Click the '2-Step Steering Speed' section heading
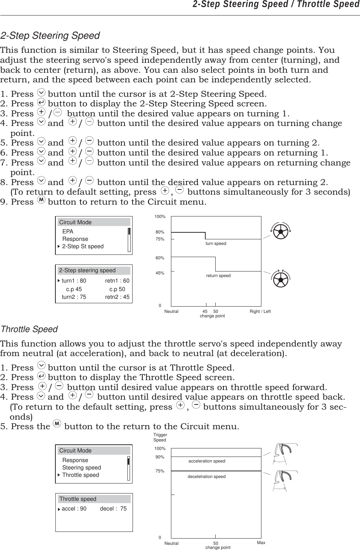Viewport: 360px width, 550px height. tap(50, 36)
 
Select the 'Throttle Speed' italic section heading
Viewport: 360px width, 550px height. tap(30, 329)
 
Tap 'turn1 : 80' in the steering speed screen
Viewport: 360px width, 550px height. tap(73, 281)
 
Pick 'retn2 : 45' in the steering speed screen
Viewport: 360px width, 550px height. tap(117, 297)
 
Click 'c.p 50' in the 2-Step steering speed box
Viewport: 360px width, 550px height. tap(117, 289)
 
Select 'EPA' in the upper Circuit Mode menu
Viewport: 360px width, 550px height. tap(68, 232)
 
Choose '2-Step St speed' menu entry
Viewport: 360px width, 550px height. tap(83, 246)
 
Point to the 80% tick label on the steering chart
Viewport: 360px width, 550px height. tap(160, 232)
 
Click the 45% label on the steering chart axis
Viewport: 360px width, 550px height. tap(160, 273)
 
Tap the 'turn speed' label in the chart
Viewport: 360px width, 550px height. tap(216, 243)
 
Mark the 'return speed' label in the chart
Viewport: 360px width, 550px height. tap(218, 276)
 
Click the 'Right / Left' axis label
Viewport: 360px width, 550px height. tap(260, 311)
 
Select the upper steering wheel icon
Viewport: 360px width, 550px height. tap(281, 232)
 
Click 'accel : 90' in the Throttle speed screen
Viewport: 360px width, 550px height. tap(74, 509)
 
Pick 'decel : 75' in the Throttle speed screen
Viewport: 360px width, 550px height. tap(113, 509)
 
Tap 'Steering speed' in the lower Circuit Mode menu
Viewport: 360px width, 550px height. tap(82, 468)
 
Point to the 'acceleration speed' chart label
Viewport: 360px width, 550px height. tap(207, 461)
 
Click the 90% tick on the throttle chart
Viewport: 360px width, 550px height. tap(160, 457)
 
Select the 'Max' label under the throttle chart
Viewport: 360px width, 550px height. tap(261, 543)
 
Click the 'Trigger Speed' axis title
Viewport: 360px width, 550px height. tap(160, 437)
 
